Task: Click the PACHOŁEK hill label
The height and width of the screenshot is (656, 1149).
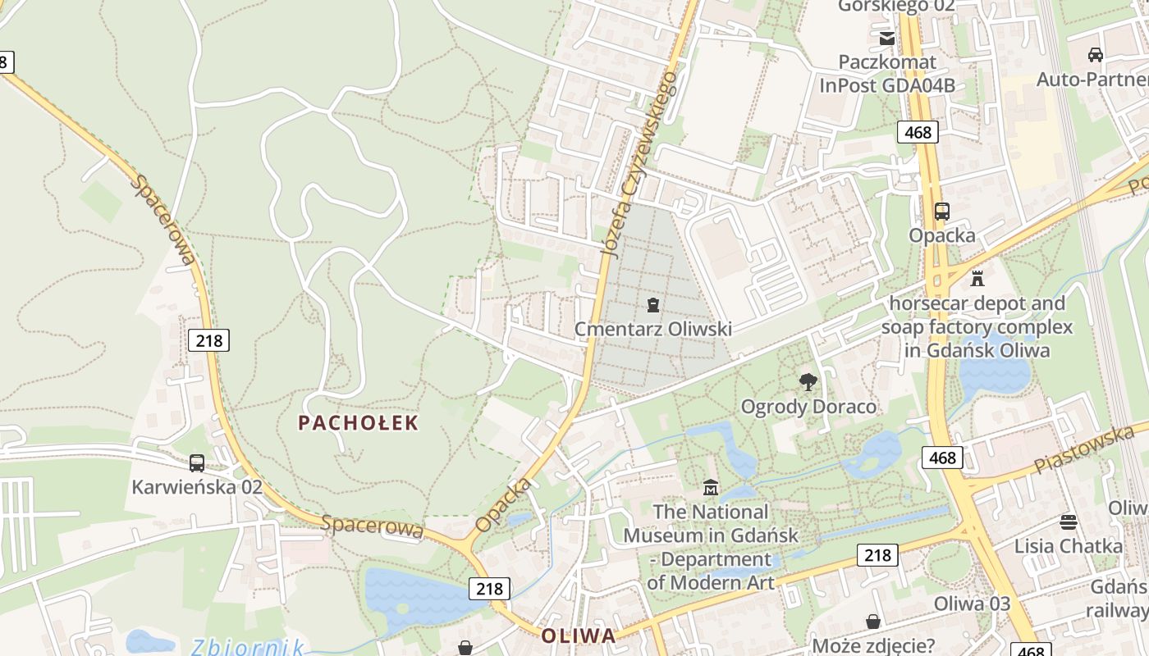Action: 358,423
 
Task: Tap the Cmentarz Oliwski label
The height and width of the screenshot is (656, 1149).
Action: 652,329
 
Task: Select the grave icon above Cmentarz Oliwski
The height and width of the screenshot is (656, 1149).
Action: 653,306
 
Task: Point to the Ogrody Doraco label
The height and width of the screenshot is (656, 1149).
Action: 808,407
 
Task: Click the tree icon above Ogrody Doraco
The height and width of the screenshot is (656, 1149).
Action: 808,382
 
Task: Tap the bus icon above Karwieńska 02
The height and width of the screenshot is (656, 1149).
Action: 197,463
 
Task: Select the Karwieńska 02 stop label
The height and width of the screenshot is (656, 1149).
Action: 197,487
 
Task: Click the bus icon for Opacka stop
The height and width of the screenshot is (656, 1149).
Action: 942,212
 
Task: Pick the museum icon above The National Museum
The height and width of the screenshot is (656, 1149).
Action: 711,488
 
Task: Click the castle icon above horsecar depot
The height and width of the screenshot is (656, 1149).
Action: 977,279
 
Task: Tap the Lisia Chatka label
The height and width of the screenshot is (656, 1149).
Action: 1068,546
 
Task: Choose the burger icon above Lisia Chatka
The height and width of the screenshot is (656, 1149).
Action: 1068,522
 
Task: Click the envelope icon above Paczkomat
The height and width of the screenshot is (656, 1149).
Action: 887,38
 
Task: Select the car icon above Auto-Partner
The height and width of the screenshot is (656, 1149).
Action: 1095,55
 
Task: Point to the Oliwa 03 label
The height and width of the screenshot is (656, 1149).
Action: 972,604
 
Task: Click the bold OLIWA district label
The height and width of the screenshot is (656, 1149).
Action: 578,635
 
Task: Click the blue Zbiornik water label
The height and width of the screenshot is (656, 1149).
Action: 247,647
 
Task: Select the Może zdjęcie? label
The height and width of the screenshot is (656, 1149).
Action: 873,645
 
